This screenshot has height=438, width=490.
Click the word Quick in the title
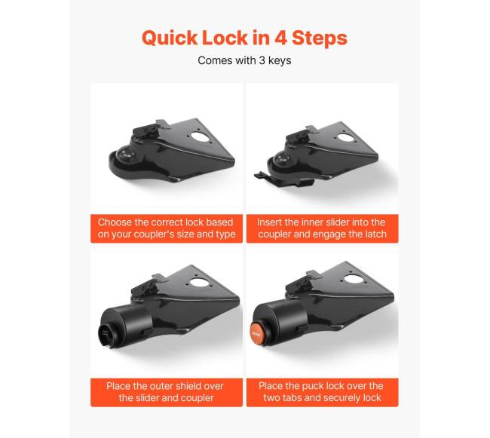[170, 38]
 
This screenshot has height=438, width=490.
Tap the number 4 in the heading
[281, 38]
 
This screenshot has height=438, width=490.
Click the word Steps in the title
[320, 38]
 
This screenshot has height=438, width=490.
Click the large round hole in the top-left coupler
[201, 137]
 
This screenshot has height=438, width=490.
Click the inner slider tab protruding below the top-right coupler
[262, 176]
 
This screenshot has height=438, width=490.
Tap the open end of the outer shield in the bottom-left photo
[106, 335]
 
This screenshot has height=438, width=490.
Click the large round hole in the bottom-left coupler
[198, 283]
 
